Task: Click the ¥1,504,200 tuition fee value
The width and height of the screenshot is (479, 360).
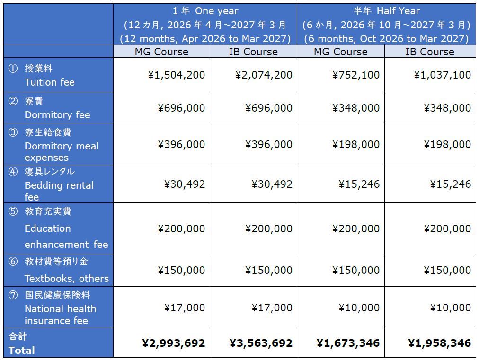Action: click(176, 75)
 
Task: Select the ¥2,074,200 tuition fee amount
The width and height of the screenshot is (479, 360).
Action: click(264, 75)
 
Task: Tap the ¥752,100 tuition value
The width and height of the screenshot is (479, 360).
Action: click(355, 75)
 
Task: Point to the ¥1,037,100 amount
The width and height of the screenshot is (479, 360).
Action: click(442, 75)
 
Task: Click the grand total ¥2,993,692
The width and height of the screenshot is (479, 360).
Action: click(173, 343)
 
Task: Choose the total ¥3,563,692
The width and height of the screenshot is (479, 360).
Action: click(261, 343)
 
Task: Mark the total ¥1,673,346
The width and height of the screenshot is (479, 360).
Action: click(348, 343)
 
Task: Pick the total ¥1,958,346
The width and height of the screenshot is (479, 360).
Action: click(439, 343)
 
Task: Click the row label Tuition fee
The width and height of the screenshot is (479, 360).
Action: click(49, 82)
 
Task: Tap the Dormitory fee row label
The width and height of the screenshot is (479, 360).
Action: click(57, 114)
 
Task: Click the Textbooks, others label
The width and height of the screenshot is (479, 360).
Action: click(66, 278)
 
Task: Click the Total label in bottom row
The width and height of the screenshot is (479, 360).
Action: click(21, 350)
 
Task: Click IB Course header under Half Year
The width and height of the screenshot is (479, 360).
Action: click(429, 52)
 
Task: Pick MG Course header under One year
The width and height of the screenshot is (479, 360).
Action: click(161, 52)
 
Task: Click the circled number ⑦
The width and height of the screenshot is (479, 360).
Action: click(13, 295)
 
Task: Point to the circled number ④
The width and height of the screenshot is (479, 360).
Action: click(13, 171)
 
